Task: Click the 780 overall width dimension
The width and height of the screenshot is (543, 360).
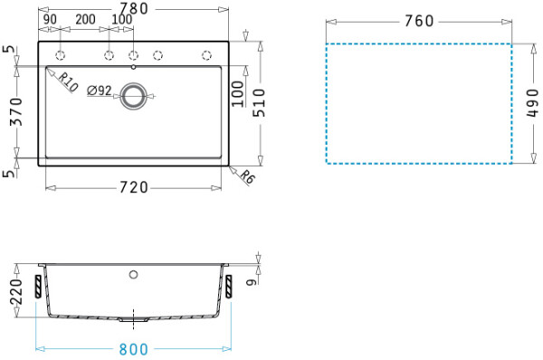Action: pyautogui.click(x=134, y=9)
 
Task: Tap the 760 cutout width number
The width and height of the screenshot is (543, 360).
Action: pyautogui.click(x=419, y=21)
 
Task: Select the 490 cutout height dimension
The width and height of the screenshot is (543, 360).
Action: pyautogui.click(x=533, y=103)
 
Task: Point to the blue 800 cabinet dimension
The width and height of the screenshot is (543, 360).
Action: pyautogui.click(x=134, y=349)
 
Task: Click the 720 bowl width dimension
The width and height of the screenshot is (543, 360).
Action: pyautogui.click(x=134, y=187)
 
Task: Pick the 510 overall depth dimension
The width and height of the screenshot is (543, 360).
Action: pyautogui.click(x=259, y=103)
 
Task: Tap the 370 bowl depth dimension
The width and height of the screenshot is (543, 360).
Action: pyautogui.click(x=16, y=111)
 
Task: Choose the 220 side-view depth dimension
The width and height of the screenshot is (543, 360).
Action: pyautogui.click(x=16, y=291)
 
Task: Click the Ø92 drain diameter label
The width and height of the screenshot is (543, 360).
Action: pyautogui.click(x=100, y=90)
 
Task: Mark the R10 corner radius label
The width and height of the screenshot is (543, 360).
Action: pyautogui.click(x=68, y=82)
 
